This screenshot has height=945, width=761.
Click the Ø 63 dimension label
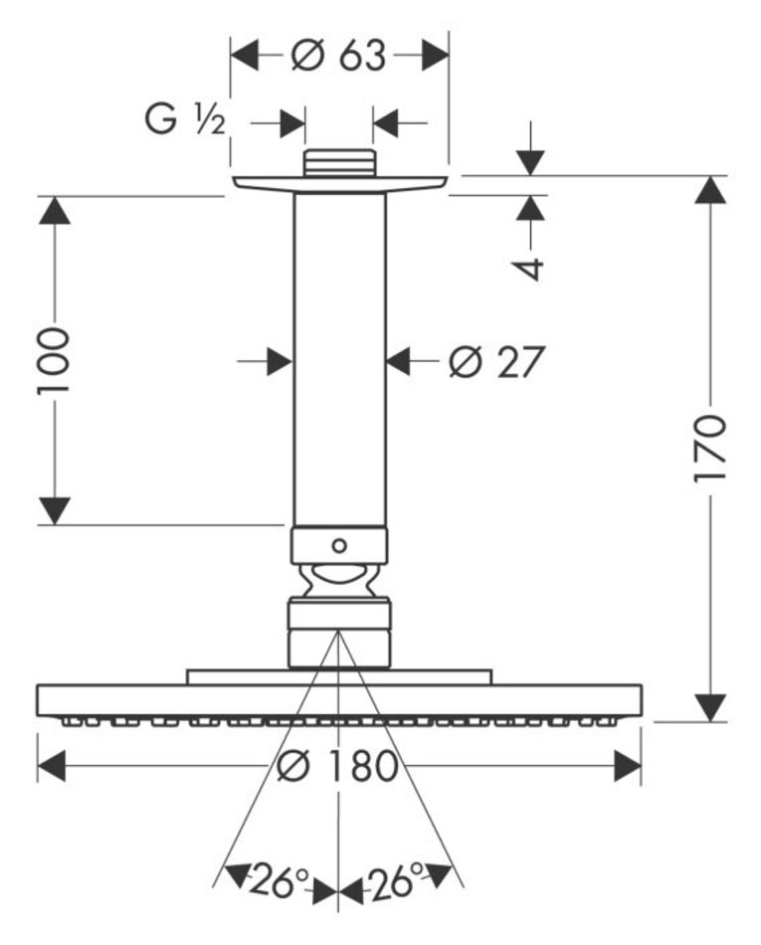tap(338, 56)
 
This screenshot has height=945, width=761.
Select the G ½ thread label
tap(187, 122)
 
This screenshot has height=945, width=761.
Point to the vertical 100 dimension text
tap(55, 360)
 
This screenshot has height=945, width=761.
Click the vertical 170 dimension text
tap(710, 447)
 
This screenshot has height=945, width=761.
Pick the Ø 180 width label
tap(338, 766)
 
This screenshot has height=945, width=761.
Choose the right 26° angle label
tap(397, 879)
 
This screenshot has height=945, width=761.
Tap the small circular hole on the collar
tap(339, 545)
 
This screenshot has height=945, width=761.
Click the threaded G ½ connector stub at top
tap(339, 163)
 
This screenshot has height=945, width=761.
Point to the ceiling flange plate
tap(339, 183)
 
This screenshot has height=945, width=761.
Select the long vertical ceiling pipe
tap(339, 358)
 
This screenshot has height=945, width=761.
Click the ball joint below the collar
tap(339, 581)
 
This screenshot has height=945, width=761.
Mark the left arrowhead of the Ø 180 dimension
tap(52, 766)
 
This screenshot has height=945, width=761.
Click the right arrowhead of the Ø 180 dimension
tap(627, 766)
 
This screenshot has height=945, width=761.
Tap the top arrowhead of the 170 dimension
tap(710, 191)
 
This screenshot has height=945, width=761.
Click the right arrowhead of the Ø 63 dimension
tap(435, 56)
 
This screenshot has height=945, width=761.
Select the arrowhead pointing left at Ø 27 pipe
tap(400, 362)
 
